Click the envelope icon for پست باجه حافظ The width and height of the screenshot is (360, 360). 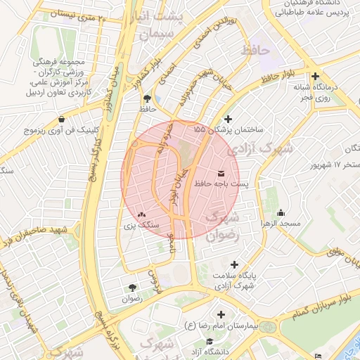click(x=222, y=172)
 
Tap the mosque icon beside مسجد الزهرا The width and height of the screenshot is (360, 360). click(x=281, y=213)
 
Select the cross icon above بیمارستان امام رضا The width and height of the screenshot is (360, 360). click(x=222, y=314)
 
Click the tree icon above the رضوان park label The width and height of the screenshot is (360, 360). click(x=132, y=288)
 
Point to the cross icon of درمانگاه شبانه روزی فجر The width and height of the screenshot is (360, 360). click(x=316, y=76)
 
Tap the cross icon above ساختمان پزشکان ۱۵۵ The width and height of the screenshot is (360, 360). click(x=226, y=120)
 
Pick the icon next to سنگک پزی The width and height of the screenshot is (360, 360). click(x=142, y=215)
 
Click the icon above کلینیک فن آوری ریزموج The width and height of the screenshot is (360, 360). click(x=63, y=119)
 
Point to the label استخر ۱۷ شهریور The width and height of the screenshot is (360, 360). click(x=336, y=165)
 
